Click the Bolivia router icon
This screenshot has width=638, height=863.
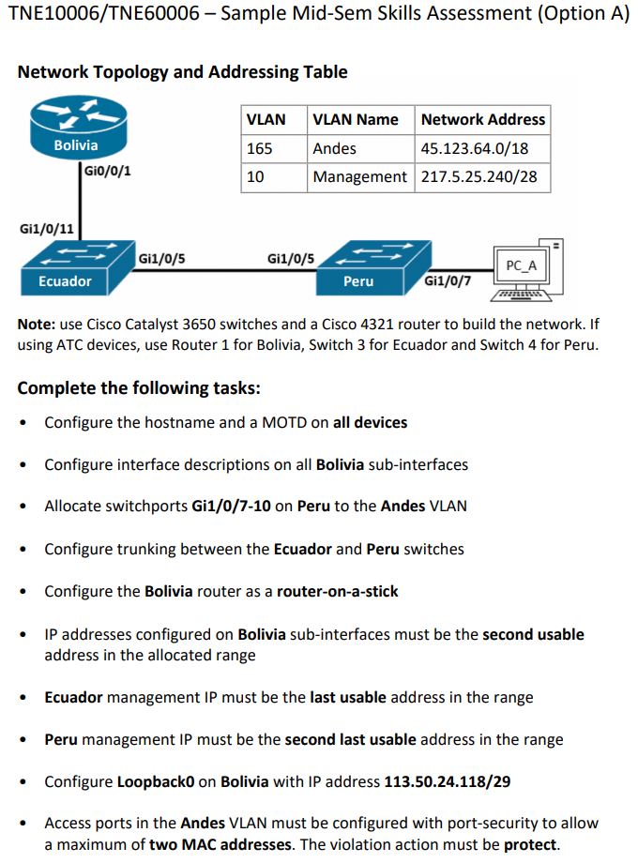[x=76, y=132]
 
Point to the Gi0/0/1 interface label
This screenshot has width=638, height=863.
[x=107, y=171]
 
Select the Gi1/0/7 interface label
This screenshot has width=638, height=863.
[x=448, y=280]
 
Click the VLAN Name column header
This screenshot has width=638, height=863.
[x=356, y=119]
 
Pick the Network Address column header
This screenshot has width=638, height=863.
[x=482, y=119]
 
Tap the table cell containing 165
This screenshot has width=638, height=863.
[x=260, y=148]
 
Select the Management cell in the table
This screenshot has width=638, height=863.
[x=360, y=176]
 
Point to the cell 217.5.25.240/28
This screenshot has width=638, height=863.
[x=478, y=176]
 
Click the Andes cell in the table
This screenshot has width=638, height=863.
[x=335, y=148]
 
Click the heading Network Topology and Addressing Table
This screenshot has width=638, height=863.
[x=182, y=72]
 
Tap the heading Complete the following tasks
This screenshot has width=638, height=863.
[x=139, y=387]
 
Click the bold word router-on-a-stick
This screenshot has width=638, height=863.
[x=338, y=591]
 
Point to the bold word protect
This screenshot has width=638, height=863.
[x=531, y=844]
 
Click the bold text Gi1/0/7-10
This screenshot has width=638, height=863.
[x=231, y=506]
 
